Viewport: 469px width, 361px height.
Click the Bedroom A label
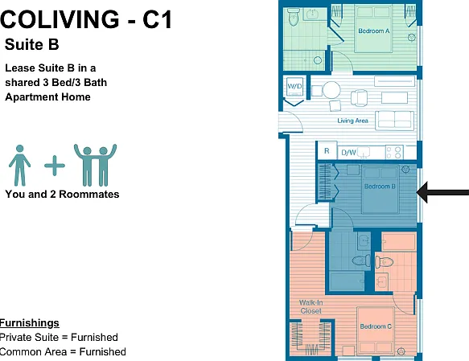click(x=374, y=31)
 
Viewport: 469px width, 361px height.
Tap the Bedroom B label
click(x=380, y=187)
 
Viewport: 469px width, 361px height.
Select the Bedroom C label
click(x=376, y=326)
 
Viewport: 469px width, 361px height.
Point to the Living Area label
click(x=352, y=121)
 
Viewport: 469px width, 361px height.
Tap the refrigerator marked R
click(x=327, y=151)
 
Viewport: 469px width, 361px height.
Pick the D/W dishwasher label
click(x=348, y=153)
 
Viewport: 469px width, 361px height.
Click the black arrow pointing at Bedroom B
click(x=442, y=192)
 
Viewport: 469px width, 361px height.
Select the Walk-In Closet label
click(x=311, y=307)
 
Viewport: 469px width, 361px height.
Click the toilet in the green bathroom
click(x=294, y=17)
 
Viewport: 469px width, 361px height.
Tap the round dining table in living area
click(x=331, y=90)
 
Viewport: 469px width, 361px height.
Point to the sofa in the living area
click(x=395, y=120)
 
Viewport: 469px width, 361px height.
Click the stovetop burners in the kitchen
click(x=394, y=153)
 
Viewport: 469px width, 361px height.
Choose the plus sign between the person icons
click(x=55, y=166)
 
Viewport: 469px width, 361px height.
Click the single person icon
click(x=20, y=166)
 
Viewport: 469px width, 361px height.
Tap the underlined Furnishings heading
click(x=29, y=322)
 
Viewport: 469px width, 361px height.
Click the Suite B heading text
click(x=31, y=44)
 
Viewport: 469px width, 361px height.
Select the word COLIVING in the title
click(x=60, y=19)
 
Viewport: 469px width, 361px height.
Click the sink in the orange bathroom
click(x=381, y=281)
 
